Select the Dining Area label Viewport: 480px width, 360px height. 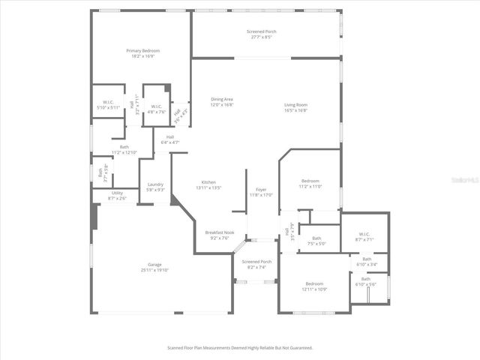[222, 102]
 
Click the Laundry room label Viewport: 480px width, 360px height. [155, 187]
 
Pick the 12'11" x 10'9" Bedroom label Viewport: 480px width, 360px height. [315, 286]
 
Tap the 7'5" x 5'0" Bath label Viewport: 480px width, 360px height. [316, 241]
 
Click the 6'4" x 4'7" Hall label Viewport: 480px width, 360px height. [170, 139]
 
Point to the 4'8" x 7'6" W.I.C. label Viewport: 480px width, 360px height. [157, 109]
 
